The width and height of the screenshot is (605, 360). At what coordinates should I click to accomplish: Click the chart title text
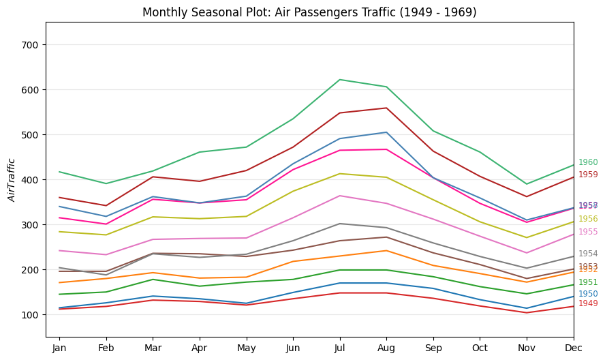point(309,12)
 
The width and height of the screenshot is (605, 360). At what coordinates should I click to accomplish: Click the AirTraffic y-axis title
point(12,180)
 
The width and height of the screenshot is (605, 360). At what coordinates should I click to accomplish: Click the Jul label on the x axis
point(339,349)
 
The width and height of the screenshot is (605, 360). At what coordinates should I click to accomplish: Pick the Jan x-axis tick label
point(59,349)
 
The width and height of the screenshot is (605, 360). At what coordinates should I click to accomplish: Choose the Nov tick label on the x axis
point(527,349)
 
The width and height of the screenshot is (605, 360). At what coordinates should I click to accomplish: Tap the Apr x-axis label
point(199,349)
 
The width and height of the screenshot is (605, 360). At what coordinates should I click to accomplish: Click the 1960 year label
point(588,163)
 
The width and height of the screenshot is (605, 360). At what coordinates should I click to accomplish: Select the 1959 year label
point(588,175)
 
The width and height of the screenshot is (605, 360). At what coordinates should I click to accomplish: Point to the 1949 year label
point(588,303)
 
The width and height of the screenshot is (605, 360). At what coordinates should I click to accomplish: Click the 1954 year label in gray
point(588,254)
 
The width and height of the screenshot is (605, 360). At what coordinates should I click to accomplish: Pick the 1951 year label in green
point(588,282)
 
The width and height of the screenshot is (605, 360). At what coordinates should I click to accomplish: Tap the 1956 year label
point(588,219)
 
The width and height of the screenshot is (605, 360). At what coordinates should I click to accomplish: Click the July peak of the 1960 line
point(339,80)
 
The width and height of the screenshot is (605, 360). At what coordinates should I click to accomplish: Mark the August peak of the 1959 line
point(386,108)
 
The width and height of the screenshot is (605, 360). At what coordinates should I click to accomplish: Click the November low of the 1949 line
point(527,313)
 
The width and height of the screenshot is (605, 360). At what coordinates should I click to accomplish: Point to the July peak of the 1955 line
point(339,196)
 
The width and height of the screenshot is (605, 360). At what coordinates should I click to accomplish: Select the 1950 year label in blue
point(588,294)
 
